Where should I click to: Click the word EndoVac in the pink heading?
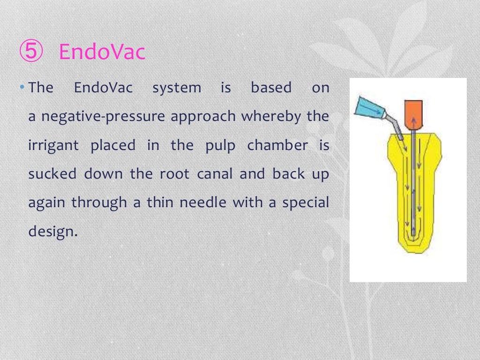[x=102, y=52]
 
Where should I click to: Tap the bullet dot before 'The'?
[x=24, y=87]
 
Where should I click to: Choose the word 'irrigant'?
[x=53, y=145]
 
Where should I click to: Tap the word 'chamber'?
[x=278, y=145]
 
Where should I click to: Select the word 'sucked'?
[x=52, y=174]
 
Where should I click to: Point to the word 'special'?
[x=305, y=202]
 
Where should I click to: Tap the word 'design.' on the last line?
[x=52, y=231]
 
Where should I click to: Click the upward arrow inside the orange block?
[x=413, y=123]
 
